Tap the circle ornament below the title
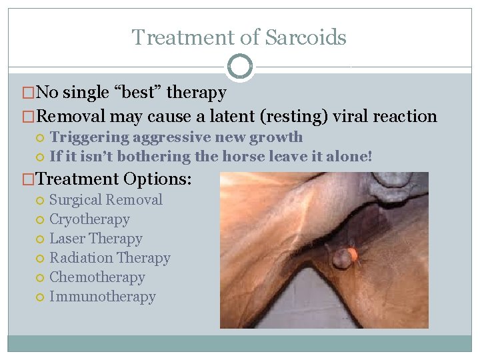tap(240, 67)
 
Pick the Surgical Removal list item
tap(106, 199)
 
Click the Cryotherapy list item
tap(89, 219)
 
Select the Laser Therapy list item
tap(96, 238)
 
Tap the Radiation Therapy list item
tap(110, 257)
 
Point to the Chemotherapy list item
tap(97, 277)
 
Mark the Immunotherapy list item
tap(103, 296)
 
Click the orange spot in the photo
tap(353, 254)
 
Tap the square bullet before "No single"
tap(29, 93)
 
